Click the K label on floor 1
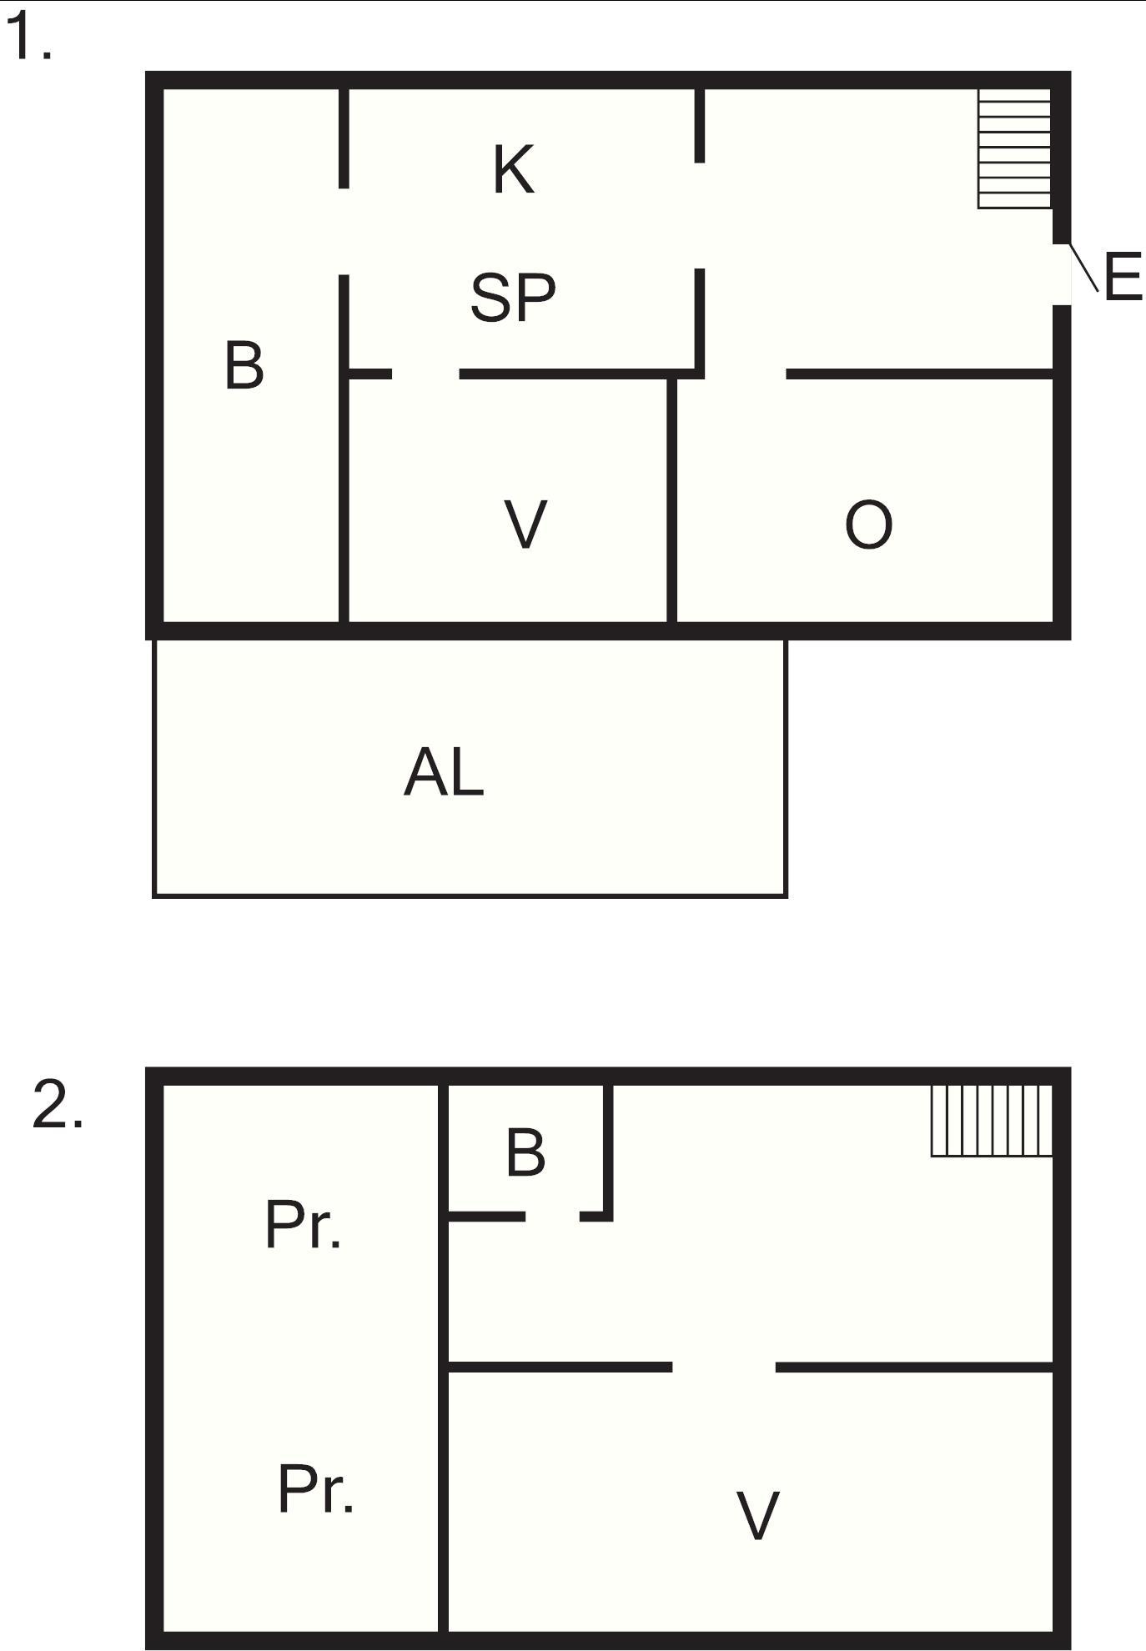click(x=513, y=169)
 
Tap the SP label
click(x=512, y=297)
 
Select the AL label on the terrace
click(x=444, y=772)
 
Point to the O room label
click(x=868, y=524)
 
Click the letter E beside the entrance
click(x=1122, y=277)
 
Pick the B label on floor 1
click(x=244, y=365)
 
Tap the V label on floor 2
click(x=757, y=1515)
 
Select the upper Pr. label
click(x=303, y=1226)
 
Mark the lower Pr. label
click(x=315, y=1489)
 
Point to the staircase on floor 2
click(x=991, y=1120)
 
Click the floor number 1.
click(x=28, y=38)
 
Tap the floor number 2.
click(x=57, y=1106)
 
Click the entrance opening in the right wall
click(x=1061, y=274)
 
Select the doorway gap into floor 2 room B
click(x=552, y=1217)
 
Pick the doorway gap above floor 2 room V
click(x=724, y=1367)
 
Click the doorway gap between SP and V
click(x=425, y=374)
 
